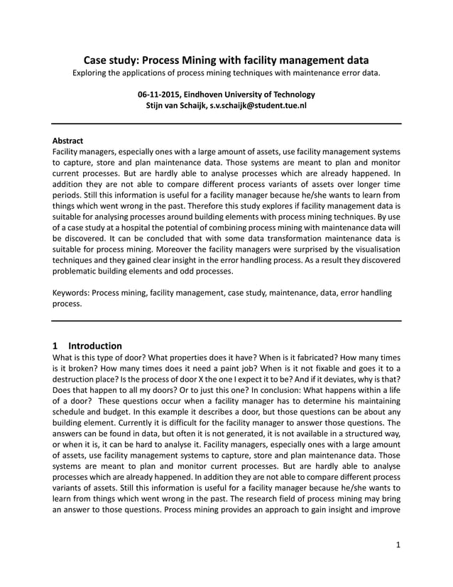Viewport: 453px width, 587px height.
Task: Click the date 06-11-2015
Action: tap(160, 94)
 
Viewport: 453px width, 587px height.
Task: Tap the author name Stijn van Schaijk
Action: tap(176, 105)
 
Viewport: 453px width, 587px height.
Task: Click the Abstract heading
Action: tap(68, 141)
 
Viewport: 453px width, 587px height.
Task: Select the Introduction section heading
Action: tap(95, 345)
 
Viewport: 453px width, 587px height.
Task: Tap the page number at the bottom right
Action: tap(398, 564)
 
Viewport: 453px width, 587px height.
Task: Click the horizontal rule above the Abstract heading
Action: tap(226, 124)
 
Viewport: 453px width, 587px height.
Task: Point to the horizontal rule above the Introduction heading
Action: tap(226, 321)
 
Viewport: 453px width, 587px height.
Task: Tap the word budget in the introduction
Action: tap(112, 413)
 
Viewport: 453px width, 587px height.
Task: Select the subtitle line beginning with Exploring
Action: tap(226, 73)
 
